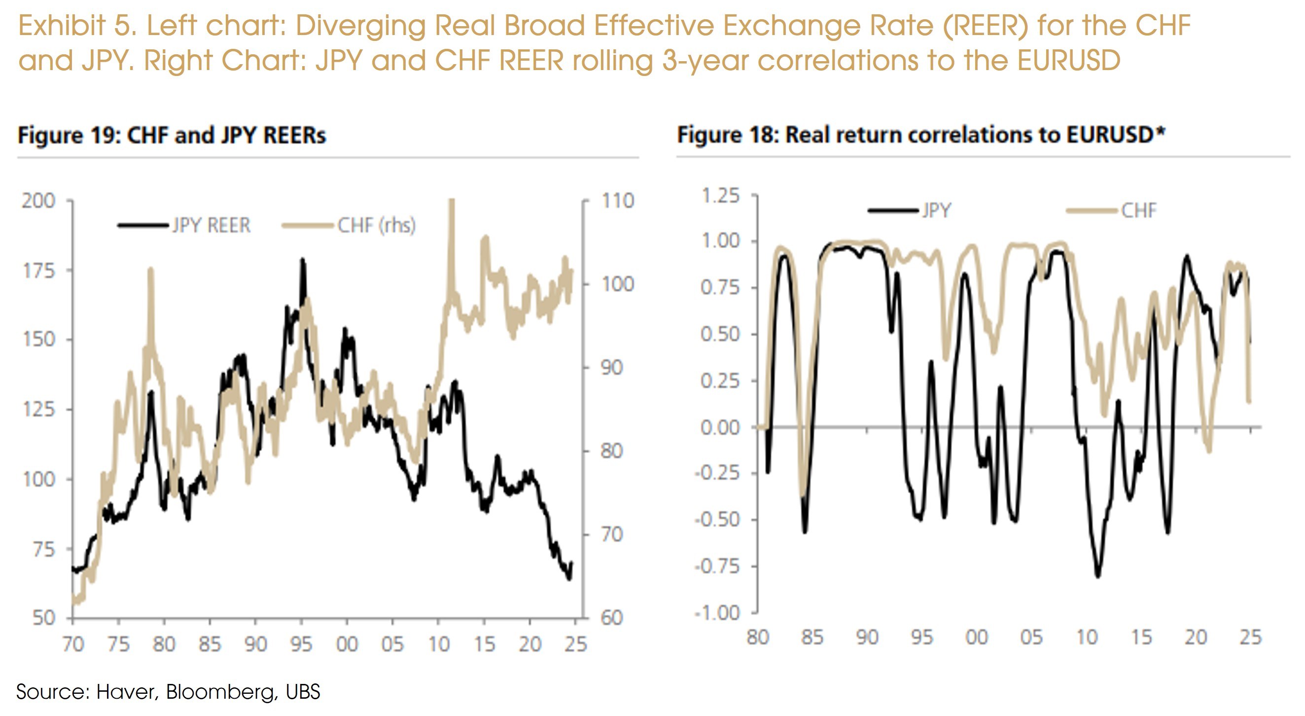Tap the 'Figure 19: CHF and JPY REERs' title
tap(172, 135)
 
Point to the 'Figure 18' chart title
tap(921, 135)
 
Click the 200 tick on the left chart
tap(38, 201)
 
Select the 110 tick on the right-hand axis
tap(618, 201)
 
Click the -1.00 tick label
tap(717, 612)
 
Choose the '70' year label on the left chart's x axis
tap(73, 644)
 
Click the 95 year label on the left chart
tap(301, 644)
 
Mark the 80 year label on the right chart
tap(758, 637)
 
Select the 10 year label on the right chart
tap(1087, 637)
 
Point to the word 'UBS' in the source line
tap(303, 692)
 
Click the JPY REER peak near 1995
tap(302, 260)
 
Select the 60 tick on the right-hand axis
tap(611, 618)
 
